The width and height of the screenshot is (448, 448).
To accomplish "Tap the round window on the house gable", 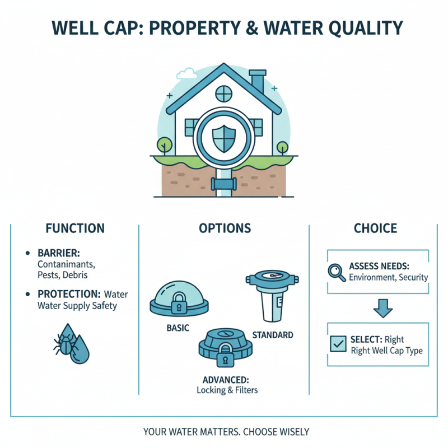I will pyautogui.click(x=223, y=92).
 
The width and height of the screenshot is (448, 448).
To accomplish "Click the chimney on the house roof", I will pyautogui.click(x=258, y=81).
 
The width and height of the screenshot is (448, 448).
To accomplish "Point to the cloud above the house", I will pyautogui.click(x=186, y=73).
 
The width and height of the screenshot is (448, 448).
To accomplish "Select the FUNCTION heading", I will pyautogui.click(x=74, y=228).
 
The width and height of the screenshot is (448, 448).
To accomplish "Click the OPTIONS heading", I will pyautogui.click(x=225, y=228).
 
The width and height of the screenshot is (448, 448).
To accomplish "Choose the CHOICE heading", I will pyautogui.click(x=375, y=228).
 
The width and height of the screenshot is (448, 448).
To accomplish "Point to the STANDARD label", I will pyautogui.click(x=273, y=335).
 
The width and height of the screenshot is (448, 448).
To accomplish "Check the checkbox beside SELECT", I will pyautogui.click(x=338, y=344).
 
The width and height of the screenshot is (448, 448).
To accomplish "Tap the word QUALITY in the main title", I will pyautogui.click(x=360, y=28).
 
